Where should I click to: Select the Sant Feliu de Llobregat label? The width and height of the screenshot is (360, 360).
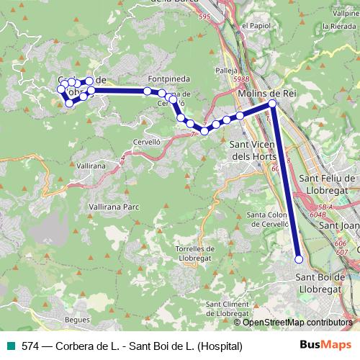coord(328,185)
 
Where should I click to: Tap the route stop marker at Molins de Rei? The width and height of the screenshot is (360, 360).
coord(272,104)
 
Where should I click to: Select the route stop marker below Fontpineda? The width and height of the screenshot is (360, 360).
coord(147,91)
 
